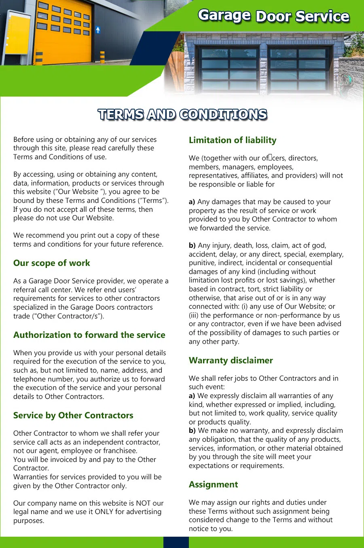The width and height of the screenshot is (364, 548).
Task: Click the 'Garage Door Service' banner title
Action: pos(273,16)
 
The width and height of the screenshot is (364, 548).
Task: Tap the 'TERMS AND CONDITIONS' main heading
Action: pos(182,115)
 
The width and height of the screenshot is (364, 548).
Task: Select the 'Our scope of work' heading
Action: pos(52,263)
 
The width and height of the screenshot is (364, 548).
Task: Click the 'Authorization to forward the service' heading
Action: pos(89,335)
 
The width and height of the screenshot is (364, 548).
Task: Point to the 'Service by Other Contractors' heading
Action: pos(73,415)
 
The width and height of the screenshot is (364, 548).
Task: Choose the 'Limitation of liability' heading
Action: pos(233,140)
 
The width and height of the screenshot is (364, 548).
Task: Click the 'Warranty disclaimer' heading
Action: pos(231,360)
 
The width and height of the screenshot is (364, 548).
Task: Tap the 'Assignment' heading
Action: pos(213,485)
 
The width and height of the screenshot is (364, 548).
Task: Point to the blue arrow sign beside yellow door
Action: pos(98,30)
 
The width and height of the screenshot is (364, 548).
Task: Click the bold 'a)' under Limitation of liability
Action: pos(192,202)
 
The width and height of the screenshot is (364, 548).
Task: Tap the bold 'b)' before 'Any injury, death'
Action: pos(192,245)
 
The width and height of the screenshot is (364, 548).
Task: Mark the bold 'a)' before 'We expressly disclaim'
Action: pos(192,396)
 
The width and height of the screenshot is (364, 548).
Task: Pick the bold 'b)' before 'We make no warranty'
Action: pos(192,430)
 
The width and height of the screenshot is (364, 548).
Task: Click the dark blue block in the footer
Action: pos(176,542)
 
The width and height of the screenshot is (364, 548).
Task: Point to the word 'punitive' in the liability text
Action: pos(201,263)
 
